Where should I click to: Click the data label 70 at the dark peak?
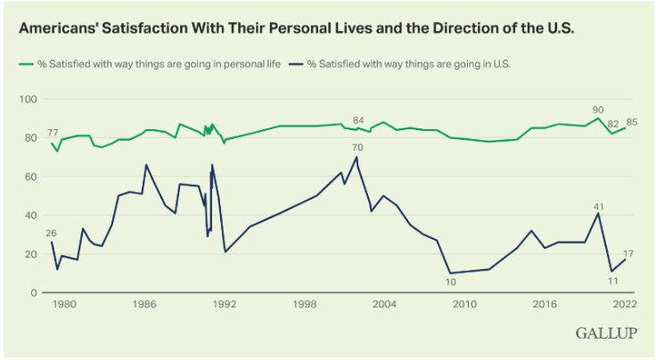pyautogui.click(x=357, y=147)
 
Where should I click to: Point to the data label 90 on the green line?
pyautogui.click(x=598, y=110)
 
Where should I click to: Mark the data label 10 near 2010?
pyautogui.click(x=451, y=282)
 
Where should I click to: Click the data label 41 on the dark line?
pyautogui.click(x=599, y=207)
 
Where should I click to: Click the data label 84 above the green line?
pyautogui.click(x=359, y=120)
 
